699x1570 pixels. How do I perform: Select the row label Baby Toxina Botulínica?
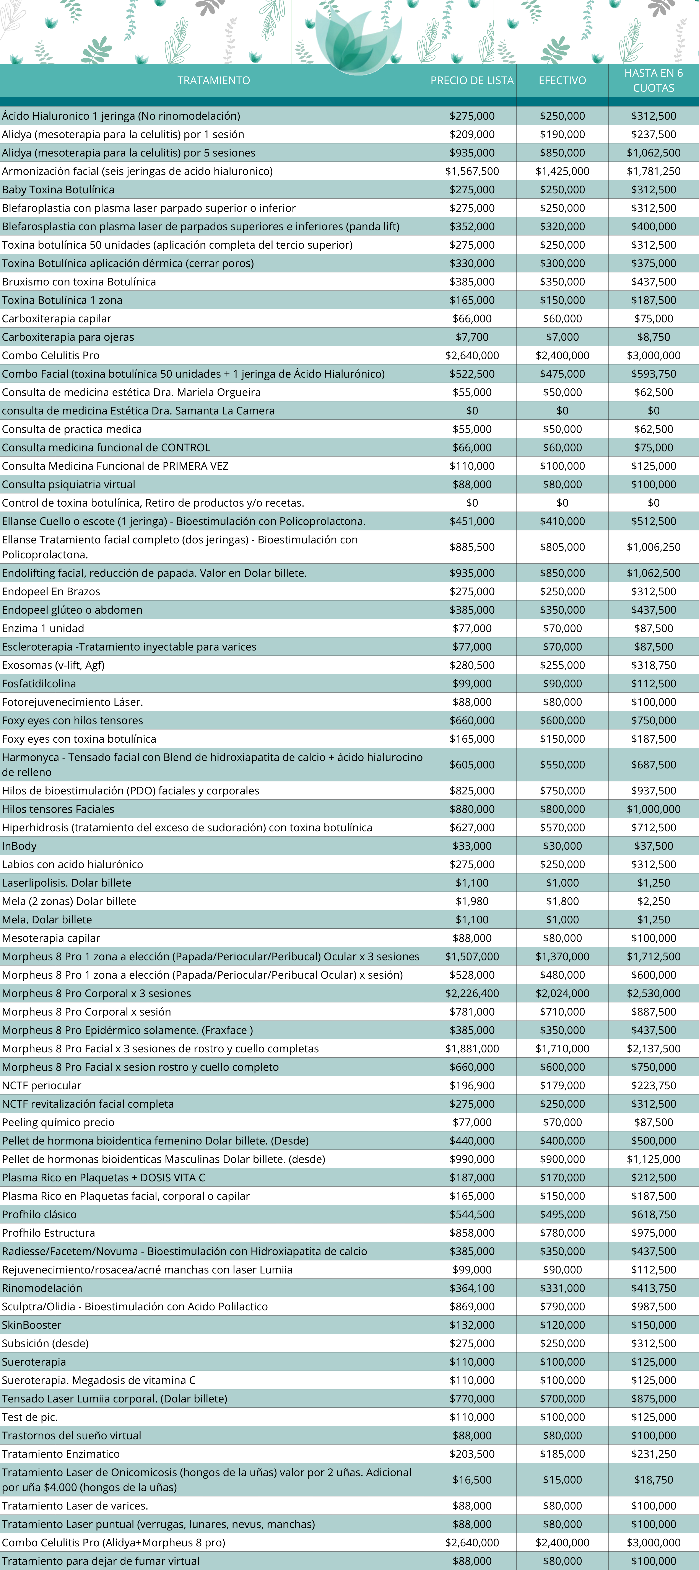click(x=58, y=189)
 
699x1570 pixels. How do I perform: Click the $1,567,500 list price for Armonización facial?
click(x=472, y=171)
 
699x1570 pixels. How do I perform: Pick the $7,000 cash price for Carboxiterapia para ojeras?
click(x=562, y=337)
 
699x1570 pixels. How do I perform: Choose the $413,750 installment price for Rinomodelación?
click(x=653, y=1288)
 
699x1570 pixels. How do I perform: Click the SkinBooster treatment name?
click(x=32, y=1325)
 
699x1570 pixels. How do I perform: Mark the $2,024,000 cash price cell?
click(x=562, y=993)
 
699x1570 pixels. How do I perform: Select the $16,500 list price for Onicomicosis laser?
click(x=472, y=1480)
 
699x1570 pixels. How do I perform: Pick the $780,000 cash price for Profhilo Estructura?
click(x=562, y=1233)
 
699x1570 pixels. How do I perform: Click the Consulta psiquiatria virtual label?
click(x=68, y=484)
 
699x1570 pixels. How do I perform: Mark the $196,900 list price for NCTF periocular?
click(x=472, y=1086)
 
